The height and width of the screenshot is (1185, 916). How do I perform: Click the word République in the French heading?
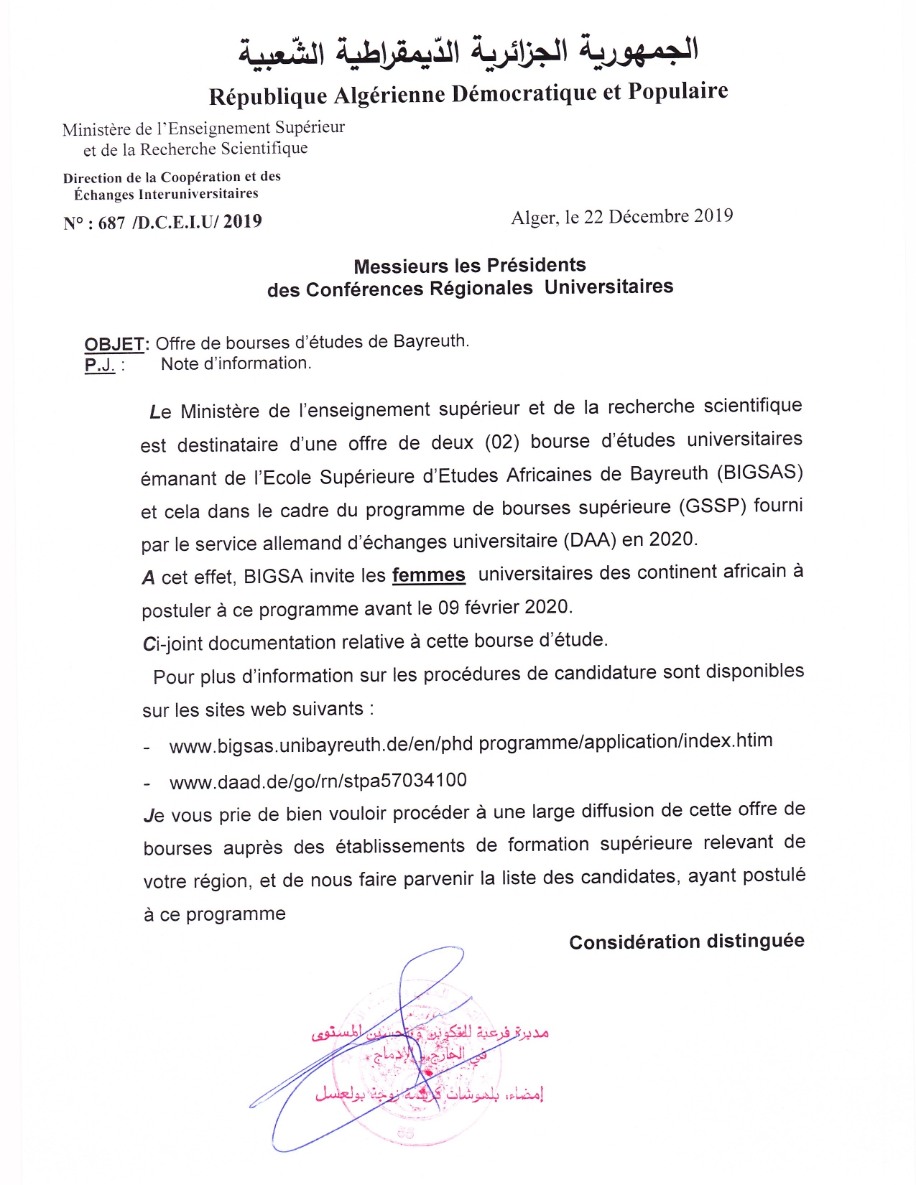[268, 97]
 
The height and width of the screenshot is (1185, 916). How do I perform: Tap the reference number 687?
[111, 223]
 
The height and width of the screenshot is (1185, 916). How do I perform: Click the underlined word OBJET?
[115, 344]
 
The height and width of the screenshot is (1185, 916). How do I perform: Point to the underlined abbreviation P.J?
[99, 365]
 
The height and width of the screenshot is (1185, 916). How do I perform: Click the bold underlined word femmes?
[428, 575]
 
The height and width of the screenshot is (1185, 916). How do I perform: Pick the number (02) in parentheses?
[501, 441]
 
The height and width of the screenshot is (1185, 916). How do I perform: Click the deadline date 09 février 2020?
[504, 608]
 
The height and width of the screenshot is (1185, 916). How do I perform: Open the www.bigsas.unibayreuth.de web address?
[471, 743]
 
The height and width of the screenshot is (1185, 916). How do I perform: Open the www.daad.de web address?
[318, 781]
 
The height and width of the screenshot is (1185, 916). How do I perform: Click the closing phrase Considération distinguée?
[686, 942]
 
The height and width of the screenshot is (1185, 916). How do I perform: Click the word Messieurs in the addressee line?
[400, 266]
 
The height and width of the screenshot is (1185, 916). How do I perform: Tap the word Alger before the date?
[533, 218]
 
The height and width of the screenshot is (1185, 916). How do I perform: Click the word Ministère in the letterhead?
[97, 130]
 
